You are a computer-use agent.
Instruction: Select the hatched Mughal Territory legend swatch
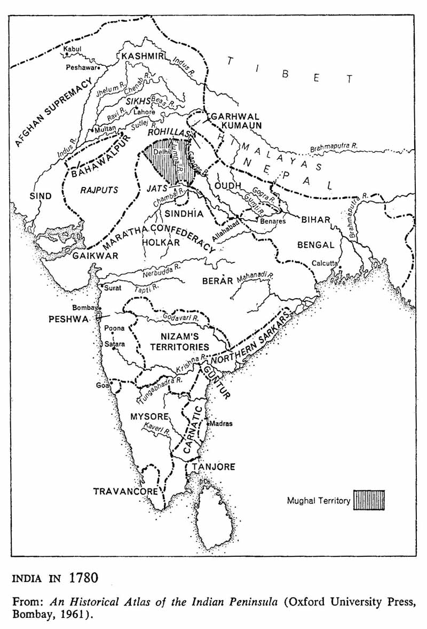click(x=369, y=501)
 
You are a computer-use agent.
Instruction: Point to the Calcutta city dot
click(x=340, y=267)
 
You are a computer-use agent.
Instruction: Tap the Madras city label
click(x=222, y=423)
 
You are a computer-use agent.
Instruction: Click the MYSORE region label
click(x=149, y=416)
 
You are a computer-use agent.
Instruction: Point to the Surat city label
click(x=113, y=288)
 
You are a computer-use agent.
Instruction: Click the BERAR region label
click(x=218, y=281)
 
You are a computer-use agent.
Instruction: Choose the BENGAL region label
click(x=315, y=245)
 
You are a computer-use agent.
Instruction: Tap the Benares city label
click(x=273, y=221)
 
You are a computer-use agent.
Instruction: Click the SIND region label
click(x=41, y=196)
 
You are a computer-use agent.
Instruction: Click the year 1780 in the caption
click(x=83, y=578)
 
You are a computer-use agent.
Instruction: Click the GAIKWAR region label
click(x=96, y=256)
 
